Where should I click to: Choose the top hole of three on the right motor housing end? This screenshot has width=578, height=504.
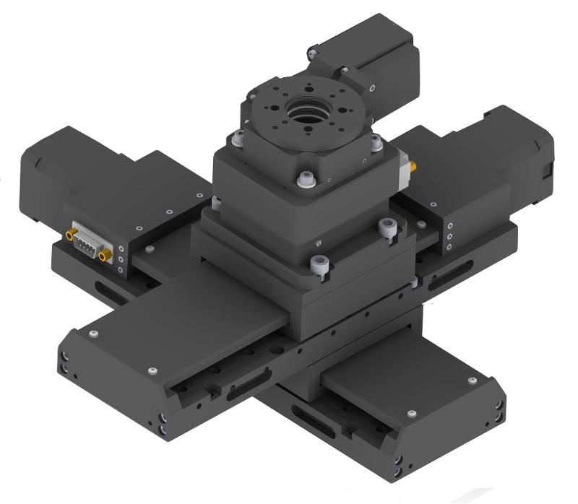(x=449, y=225)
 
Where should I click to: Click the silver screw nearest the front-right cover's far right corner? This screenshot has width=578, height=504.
(x=473, y=380)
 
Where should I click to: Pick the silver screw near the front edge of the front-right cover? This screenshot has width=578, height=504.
(x=411, y=412)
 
